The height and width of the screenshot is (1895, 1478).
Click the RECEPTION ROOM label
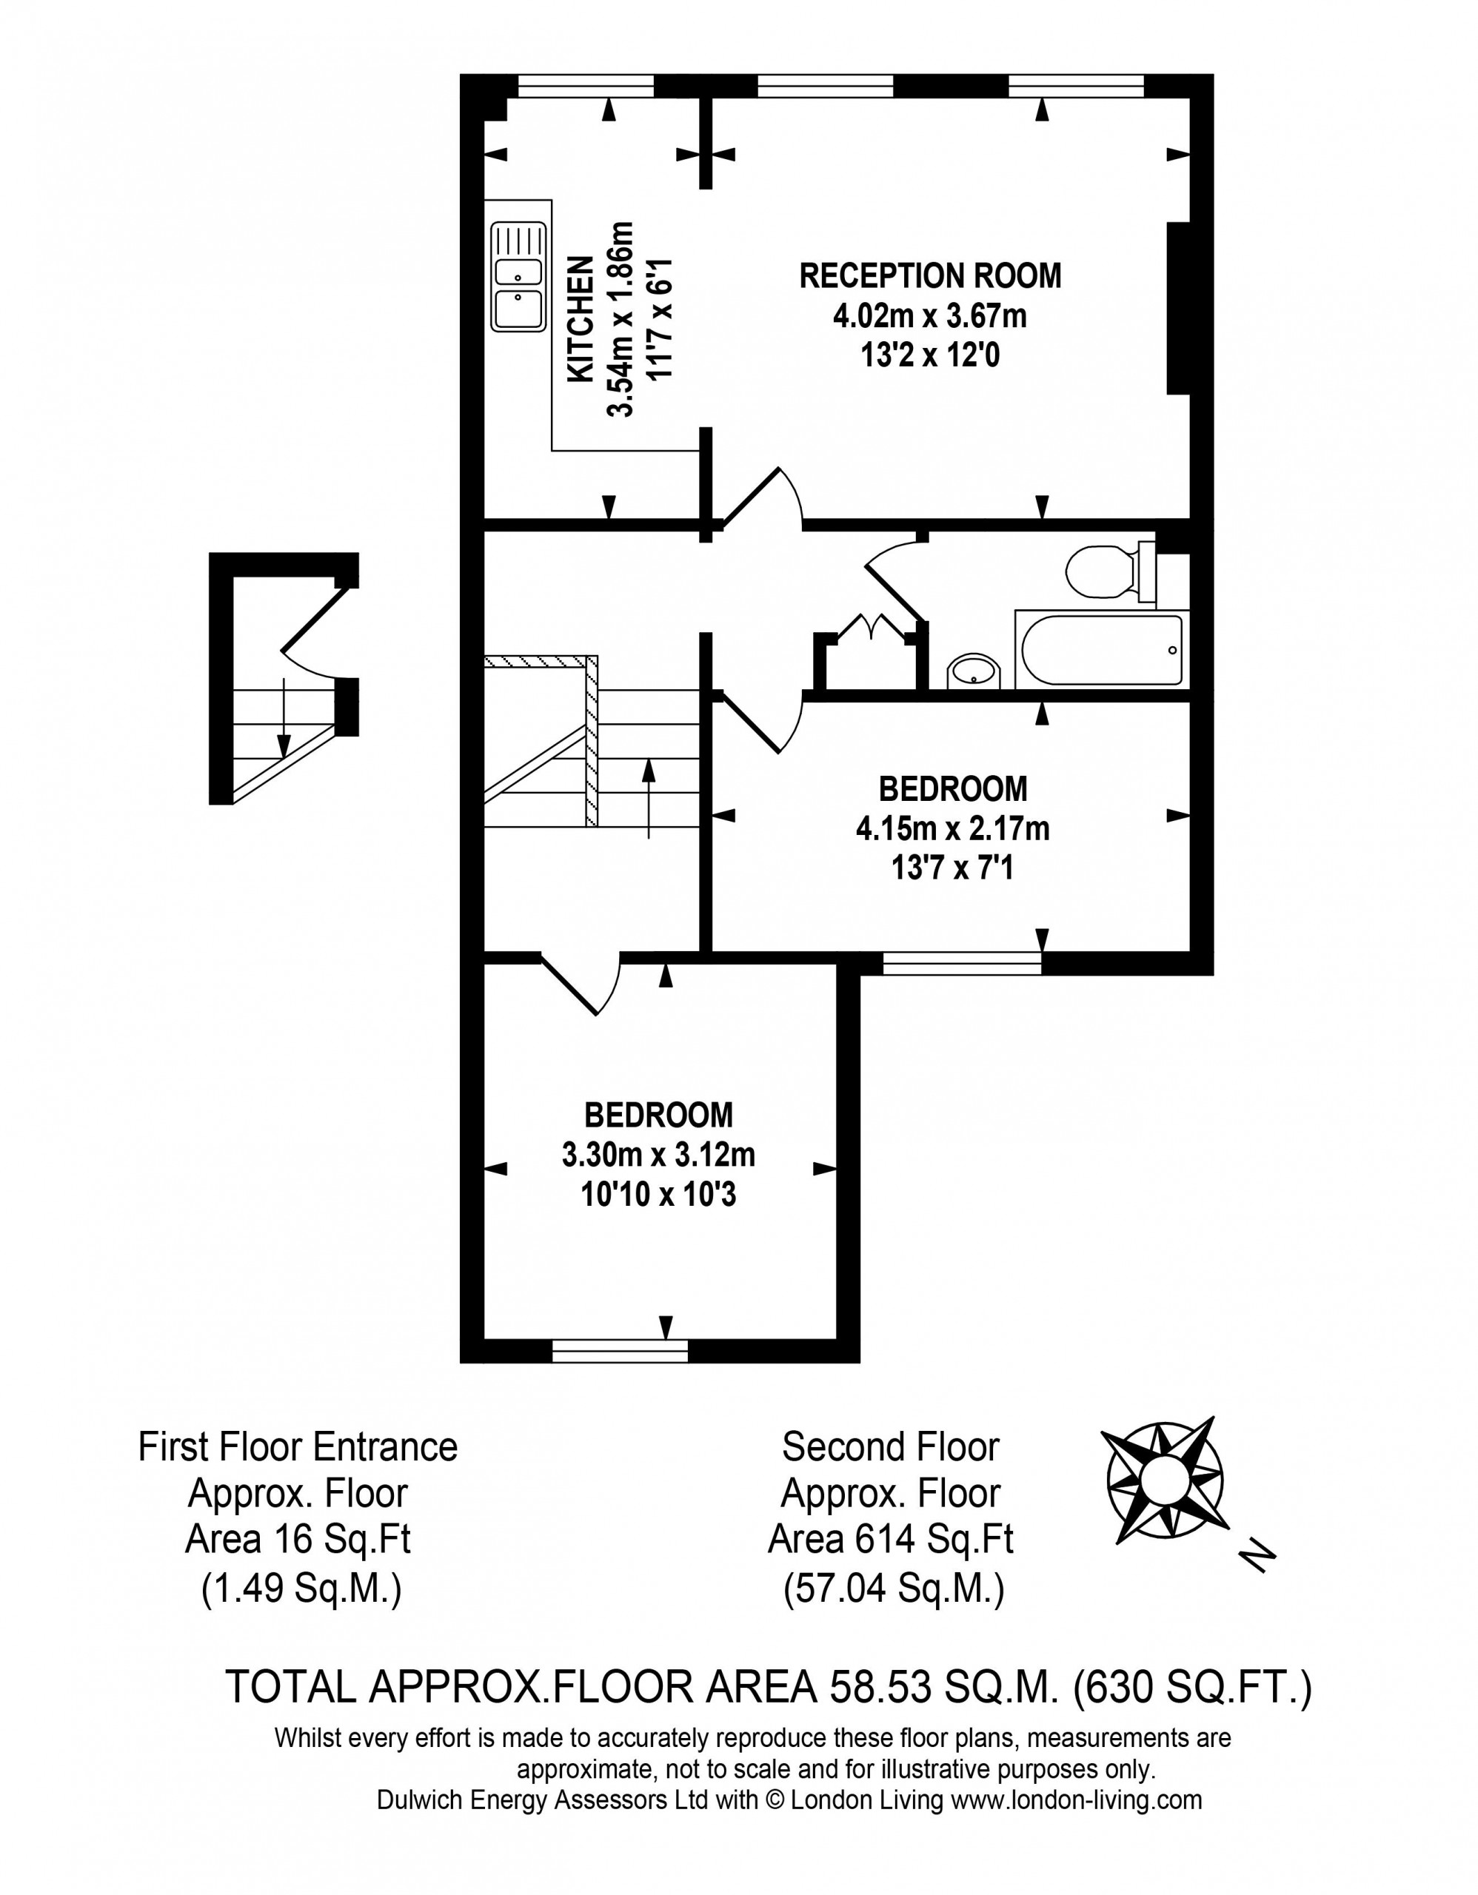[x=929, y=275]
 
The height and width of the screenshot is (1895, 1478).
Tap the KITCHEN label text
[x=580, y=318]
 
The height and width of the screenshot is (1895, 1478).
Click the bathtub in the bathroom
[x=1101, y=651]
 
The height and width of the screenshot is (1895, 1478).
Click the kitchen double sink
[x=518, y=277]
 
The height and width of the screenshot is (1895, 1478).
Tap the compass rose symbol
[x=1164, y=1481]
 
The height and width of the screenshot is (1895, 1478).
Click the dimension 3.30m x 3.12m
[x=659, y=1155]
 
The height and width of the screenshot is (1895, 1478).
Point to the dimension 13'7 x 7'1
[x=952, y=867]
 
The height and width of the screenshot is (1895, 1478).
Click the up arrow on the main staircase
[x=649, y=798]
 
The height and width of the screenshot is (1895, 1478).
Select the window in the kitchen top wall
[x=586, y=85]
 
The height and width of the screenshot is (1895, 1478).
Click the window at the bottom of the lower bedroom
[x=620, y=1351]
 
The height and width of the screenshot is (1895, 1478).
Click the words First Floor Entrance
[x=298, y=1447]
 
